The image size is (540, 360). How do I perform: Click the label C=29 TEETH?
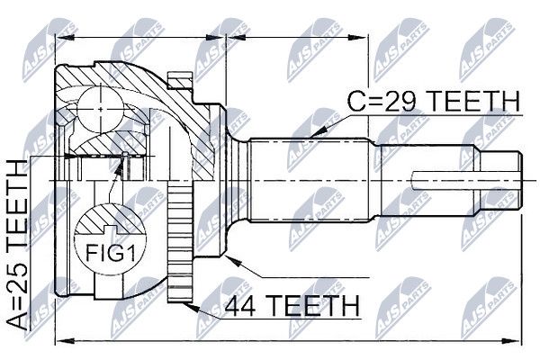coord(433,102)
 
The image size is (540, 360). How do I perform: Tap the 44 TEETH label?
coord(292,305)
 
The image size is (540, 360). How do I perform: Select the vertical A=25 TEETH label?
coord(17,247)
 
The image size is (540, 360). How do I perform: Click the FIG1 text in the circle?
coord(110,253)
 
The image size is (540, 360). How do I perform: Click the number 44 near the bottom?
coord(240,305)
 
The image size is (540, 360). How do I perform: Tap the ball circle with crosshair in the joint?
coord(100,109)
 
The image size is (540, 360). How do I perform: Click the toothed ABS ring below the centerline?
coord(180,242)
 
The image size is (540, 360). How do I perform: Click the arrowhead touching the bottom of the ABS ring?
coord(190,306)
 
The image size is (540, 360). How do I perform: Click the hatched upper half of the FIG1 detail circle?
coord(110,219)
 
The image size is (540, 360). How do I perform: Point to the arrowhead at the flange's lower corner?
coord(231,261)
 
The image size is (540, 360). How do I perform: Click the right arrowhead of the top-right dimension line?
coord(358,37)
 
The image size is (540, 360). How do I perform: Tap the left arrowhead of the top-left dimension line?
coord(65,37)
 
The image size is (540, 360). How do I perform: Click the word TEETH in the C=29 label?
coord(472,102)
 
